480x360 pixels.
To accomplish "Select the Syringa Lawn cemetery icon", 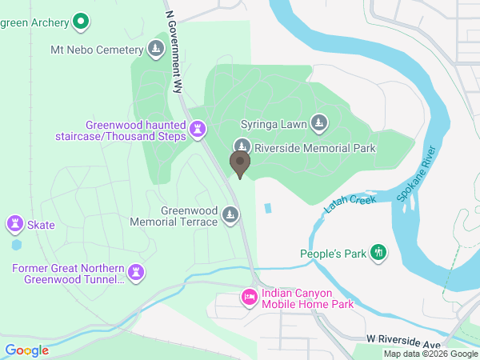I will coord(320,123).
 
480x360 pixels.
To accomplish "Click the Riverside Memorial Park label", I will coord(315,148).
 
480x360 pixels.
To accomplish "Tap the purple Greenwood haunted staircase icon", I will coord(198,129).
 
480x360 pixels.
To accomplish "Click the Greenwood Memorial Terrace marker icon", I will coord(231,215).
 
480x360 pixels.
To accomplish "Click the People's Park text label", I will coord(332,254).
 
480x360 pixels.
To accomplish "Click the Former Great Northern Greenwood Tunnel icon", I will coord(138,273).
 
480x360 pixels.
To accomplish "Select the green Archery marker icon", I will coord(80,22).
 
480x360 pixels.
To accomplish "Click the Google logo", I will coord(26,350).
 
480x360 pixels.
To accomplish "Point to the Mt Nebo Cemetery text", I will coord(97,50).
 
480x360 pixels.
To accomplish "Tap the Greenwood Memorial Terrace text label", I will coord(189,216).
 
